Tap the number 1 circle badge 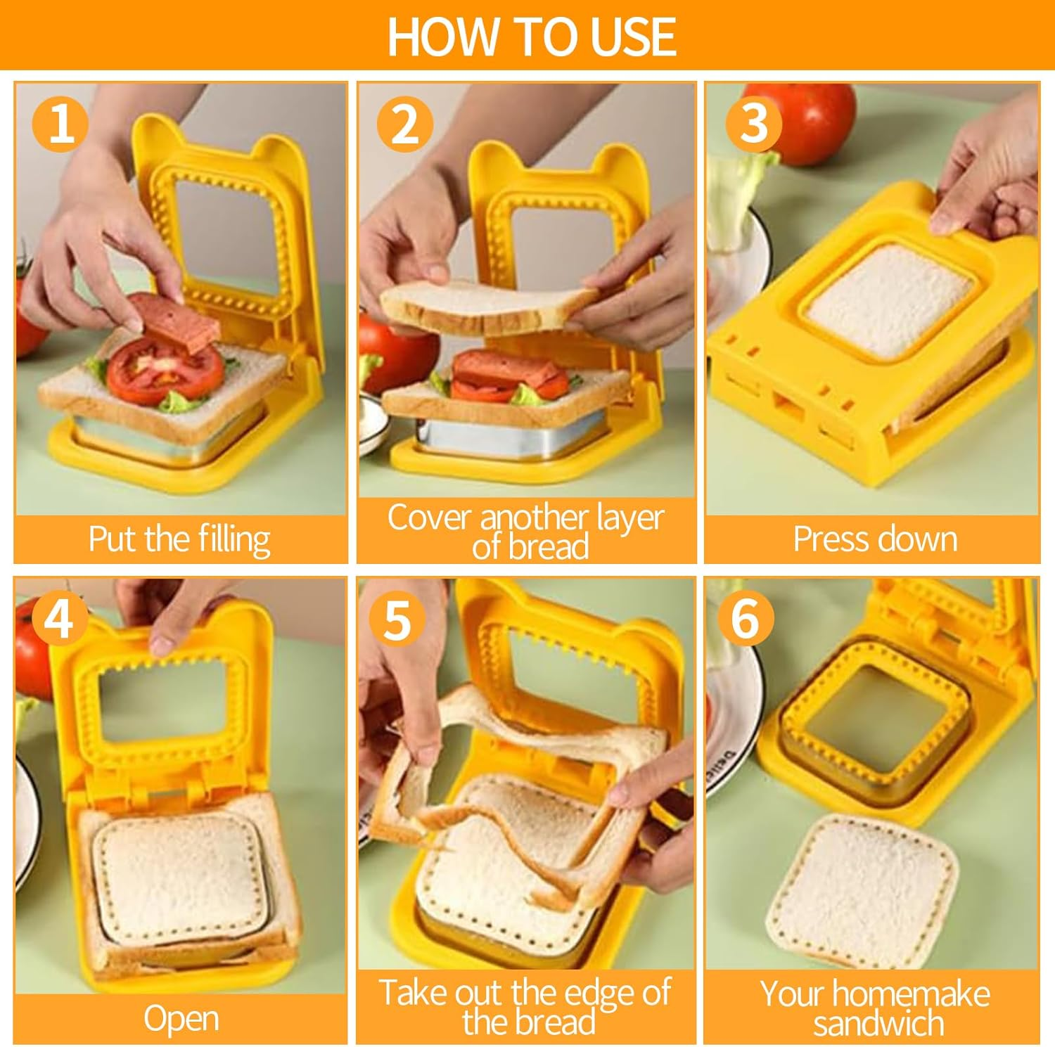point(60,124)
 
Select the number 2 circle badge point(404,124)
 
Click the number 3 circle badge point(753,124)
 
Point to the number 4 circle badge point(59,619)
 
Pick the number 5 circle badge point(397,619)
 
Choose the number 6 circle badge point(746,619)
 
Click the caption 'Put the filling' point(179,539)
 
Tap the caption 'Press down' point(874,539)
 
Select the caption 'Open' point(181,1018)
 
